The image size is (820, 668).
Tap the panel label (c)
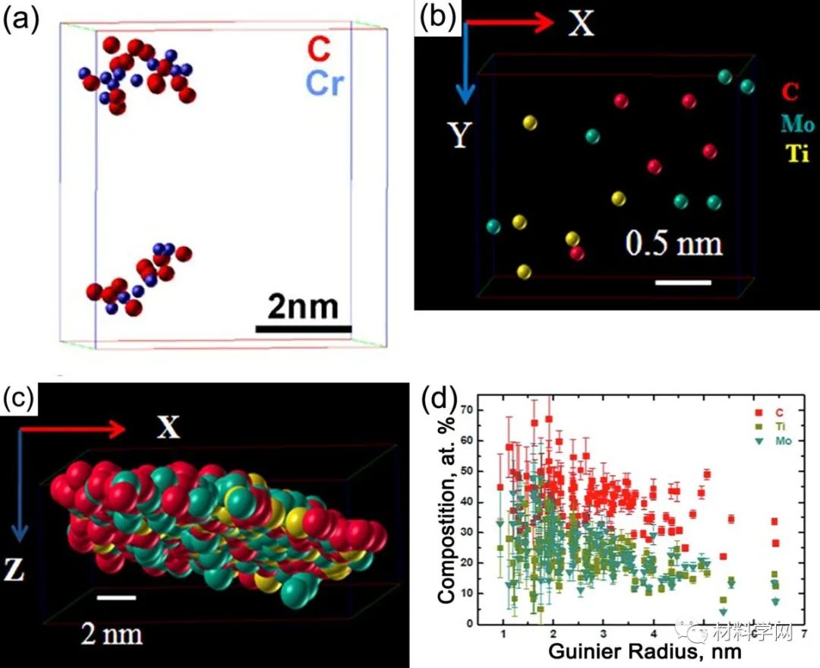point(21,397)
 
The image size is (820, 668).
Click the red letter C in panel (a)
point(319,52)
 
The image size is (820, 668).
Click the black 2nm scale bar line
point(304,329)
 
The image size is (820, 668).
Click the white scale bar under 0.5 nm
point(683,283)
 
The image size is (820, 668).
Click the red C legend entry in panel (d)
point(763,412)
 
